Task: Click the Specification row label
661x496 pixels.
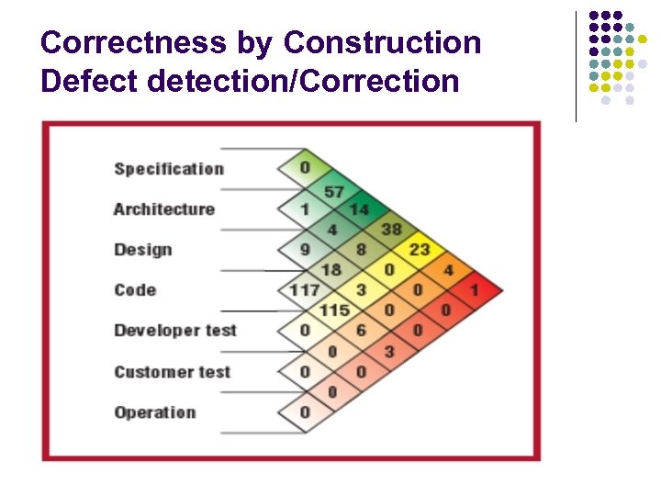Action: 169,169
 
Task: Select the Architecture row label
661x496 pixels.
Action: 164,209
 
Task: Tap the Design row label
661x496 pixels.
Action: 143,250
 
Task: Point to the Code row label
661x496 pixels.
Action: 135,290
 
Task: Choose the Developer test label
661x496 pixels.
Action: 175,331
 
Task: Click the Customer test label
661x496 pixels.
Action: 172,372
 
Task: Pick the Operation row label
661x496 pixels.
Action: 155,412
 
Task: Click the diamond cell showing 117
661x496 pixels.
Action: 305,290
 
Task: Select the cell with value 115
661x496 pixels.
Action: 333,310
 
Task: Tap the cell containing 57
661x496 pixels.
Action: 333,191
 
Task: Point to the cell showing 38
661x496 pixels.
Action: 391,230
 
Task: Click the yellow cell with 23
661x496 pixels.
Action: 420,250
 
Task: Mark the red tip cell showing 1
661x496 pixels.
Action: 475,290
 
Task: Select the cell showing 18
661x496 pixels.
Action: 331,270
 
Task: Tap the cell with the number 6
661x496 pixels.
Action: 361,331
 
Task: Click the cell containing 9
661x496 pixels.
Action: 305,250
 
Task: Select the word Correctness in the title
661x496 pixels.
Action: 133,42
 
